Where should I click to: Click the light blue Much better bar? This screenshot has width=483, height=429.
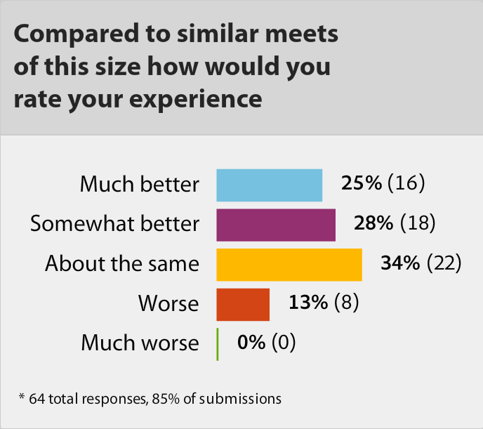coord(269,185)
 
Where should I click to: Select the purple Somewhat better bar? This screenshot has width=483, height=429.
coord(276,224)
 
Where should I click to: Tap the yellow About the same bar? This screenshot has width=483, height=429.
coord(289,264)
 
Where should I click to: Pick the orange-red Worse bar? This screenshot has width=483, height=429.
coord(243,303)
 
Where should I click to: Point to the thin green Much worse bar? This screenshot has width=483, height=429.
coord(218,343)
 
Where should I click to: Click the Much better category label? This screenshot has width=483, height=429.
coord(139,185)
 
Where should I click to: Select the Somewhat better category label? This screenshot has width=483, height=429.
coord(115,224)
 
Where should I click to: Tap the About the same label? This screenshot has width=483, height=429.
coord(122,264)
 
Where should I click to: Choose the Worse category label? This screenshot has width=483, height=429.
coord(168,303)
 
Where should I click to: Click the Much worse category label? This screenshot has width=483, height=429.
coord(140,343)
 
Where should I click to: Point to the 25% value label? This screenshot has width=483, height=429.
coord(362,184)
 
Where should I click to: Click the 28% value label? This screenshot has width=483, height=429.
coord(374,223)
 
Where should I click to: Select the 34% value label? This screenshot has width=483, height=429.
coord(400,263)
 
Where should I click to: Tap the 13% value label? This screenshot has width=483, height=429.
coord(308,303)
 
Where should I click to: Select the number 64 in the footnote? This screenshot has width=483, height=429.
coord(37,399)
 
